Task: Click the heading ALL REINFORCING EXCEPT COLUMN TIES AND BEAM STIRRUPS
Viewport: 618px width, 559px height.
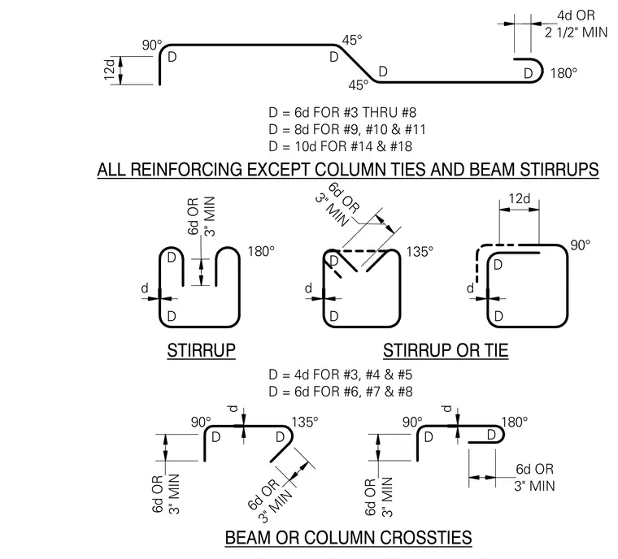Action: click(x=348, y=170)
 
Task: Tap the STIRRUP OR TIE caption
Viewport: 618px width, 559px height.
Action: click(x=446, y=350)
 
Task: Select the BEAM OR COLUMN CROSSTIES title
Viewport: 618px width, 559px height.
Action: click(x=348, y=538)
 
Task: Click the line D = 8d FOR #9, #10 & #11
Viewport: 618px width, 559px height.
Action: click(x=347, y=130)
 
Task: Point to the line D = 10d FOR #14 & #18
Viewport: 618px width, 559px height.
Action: click(x=340, y=146)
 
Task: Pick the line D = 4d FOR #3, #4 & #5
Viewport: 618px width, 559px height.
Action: click(x=340, y=375)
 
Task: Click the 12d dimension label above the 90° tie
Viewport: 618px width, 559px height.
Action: click(x=519, y=198)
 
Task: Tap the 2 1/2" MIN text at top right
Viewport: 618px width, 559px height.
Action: click(x=577, y=32)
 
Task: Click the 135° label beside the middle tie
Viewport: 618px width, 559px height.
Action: click(x=420, y=251)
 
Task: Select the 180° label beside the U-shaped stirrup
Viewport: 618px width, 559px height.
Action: click(x=261, y=251)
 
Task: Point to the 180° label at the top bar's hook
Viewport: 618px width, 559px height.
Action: click(x=564, y=73)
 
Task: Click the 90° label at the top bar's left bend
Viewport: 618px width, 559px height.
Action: click(x=152, y=45)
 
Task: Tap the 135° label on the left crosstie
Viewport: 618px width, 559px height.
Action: click(x=305, y=422)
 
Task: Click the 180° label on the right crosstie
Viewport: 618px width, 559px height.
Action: click(x=515, y=422)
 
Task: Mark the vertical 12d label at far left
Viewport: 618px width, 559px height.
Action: click(x=110, y=69)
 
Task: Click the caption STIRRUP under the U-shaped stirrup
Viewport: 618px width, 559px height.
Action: click(x=202, y=350)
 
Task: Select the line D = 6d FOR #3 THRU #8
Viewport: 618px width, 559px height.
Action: click(x=342, y=113)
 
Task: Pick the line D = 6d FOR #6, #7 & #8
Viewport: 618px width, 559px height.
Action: click(x=341, y=392)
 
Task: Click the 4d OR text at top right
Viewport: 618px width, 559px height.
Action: click(x=576, y=15)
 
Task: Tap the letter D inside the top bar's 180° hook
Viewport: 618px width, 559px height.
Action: click(x=528, y=73)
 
